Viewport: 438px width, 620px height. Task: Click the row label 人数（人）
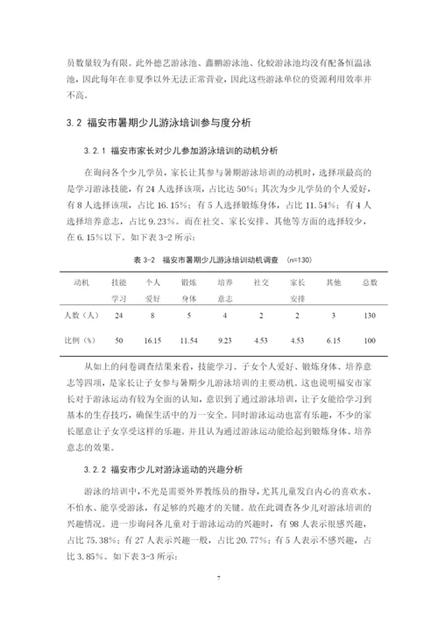(x=82, y=314)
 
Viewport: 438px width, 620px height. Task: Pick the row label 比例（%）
(x=81, y=340)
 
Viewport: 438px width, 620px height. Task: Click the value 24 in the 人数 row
(x=118, y=314)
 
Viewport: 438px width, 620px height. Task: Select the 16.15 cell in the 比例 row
(x=152, y=340)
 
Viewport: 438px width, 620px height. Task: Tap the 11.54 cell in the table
(x=188, y=340)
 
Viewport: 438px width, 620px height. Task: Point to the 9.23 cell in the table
(x=224, y=340)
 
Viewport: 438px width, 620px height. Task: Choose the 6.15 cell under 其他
(x=333, y=340)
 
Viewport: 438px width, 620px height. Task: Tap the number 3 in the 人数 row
(x=333, y=314)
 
